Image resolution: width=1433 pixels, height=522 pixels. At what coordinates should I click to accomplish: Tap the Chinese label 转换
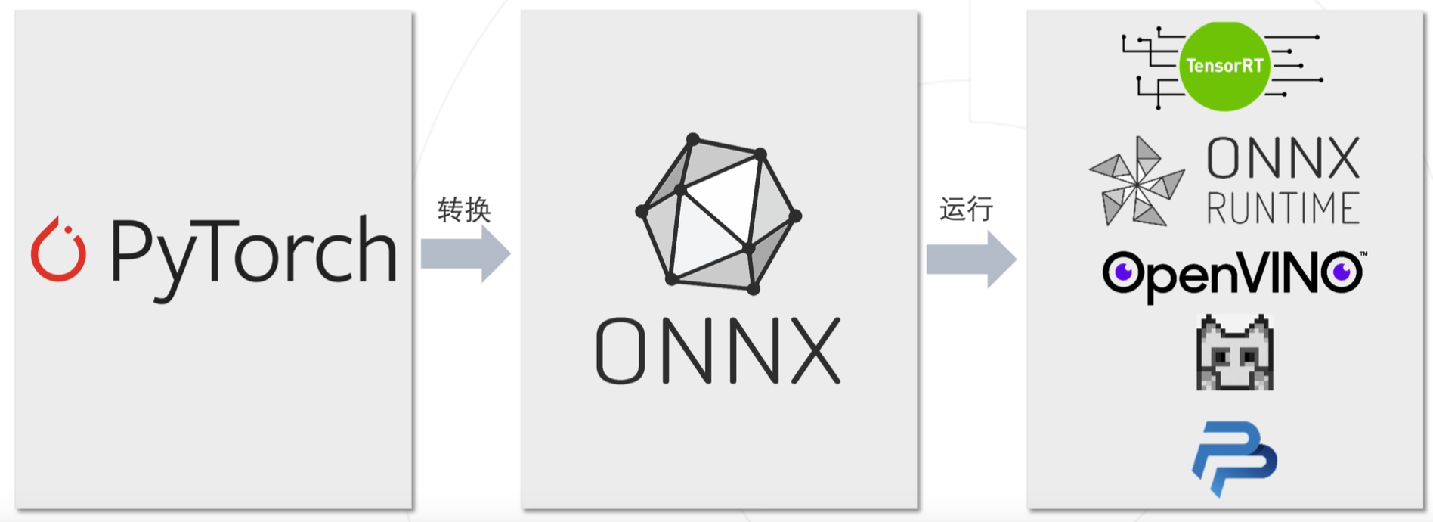tap(464, 210)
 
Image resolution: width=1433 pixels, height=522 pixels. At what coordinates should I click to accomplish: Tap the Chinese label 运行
tap(966, 209)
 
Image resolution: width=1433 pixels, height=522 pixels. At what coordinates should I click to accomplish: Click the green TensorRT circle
tap(1224, 67)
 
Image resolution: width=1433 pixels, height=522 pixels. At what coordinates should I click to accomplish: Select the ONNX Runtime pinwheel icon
tap(1137, 182)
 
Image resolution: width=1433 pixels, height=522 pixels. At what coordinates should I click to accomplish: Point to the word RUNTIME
tap(1283, 208)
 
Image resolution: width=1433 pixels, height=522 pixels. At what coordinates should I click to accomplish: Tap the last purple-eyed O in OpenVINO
tap(1342, 272)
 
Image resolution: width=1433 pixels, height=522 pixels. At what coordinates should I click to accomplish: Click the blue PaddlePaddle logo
tap(1235, 458)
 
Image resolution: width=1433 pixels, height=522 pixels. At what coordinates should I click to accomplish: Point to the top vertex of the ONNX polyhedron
tap(692, 139)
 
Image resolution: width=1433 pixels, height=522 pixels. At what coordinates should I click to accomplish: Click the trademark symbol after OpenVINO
tap(1363, 254)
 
